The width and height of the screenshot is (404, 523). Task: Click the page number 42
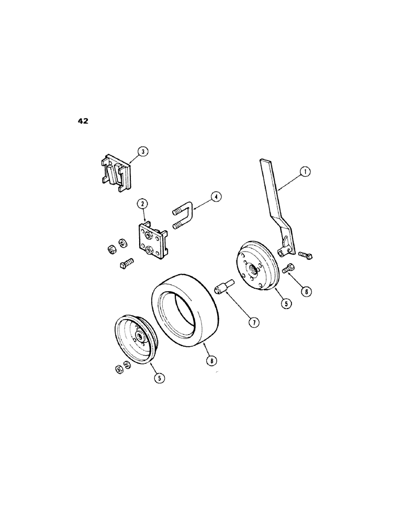(x=83, y=121)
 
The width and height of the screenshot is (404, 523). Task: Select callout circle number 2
(x=141, y=203)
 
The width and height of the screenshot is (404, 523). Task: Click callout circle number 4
(x=216, y=197)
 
